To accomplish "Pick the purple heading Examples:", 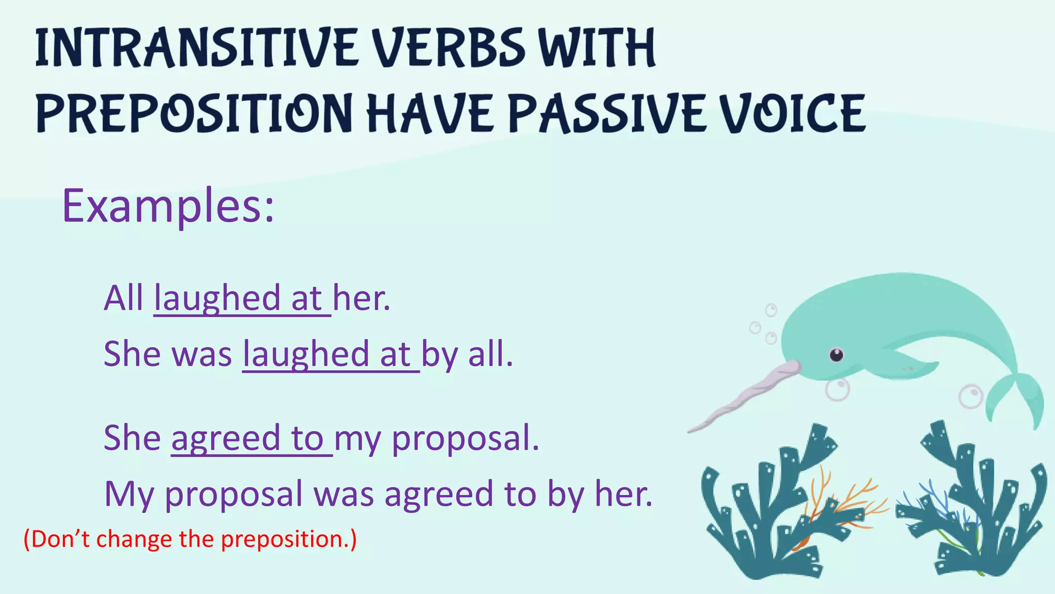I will click(168, 206).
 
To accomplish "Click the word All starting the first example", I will click(124, 298).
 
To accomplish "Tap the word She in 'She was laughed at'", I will click(132, 354).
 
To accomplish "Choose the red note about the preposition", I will click(190, 539).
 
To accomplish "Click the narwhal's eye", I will click(836, 355).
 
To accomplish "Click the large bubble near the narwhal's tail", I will click(971, 397).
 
